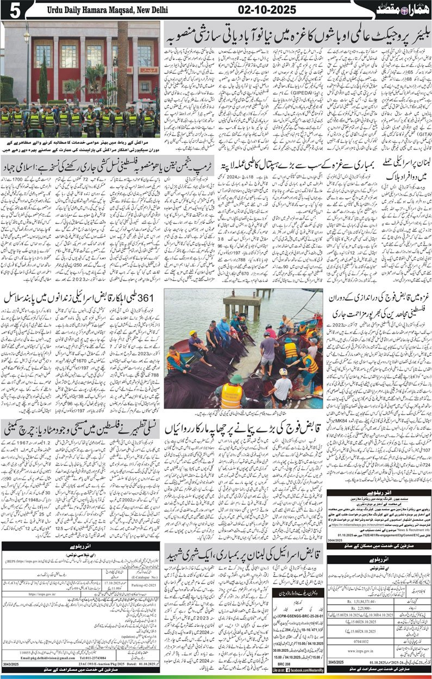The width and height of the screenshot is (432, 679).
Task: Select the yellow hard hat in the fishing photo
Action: (192, 332)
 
